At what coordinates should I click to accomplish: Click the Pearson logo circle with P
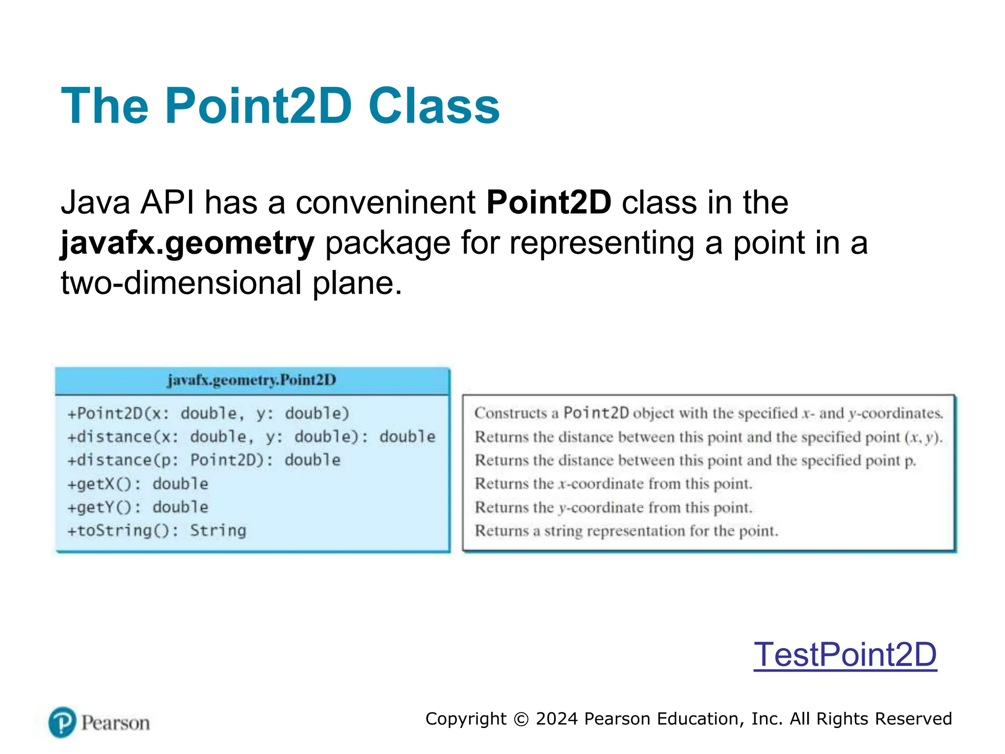point(62,722)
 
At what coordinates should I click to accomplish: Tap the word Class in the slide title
point(433,106)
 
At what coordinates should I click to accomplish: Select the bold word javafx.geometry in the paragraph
point(187,243)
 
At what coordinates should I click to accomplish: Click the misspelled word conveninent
point(385,202)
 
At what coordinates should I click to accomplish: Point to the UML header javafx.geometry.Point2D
point(252,380)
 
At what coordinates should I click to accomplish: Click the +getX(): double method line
point(138,484)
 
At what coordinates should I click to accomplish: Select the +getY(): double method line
point(138,507)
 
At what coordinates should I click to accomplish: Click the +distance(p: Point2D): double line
point(204,460)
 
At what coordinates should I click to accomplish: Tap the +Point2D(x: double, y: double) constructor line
point(208,413)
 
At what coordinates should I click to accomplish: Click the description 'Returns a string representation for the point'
point(626,531)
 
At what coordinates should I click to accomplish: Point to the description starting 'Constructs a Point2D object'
point(708,413)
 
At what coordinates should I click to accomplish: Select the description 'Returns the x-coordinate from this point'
point(613,484)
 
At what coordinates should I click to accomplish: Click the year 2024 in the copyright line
point(556,719)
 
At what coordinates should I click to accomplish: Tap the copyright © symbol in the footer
point(521,719)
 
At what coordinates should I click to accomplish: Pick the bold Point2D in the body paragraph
point(549,202)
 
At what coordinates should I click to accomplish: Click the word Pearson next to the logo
point(115,723)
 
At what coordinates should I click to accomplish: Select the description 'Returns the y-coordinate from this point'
point(613,508)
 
